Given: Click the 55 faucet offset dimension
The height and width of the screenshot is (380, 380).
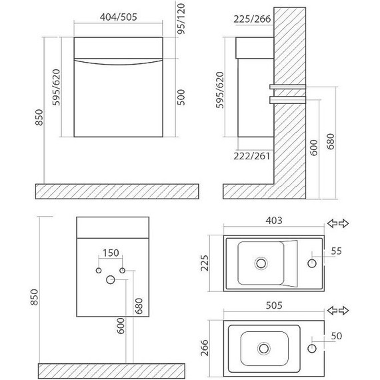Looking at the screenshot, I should pos(337,251).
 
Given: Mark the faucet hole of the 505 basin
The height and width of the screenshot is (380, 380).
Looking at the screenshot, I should pos(311,348).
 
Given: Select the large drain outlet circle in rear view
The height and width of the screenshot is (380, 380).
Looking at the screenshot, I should pos(110,281).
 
